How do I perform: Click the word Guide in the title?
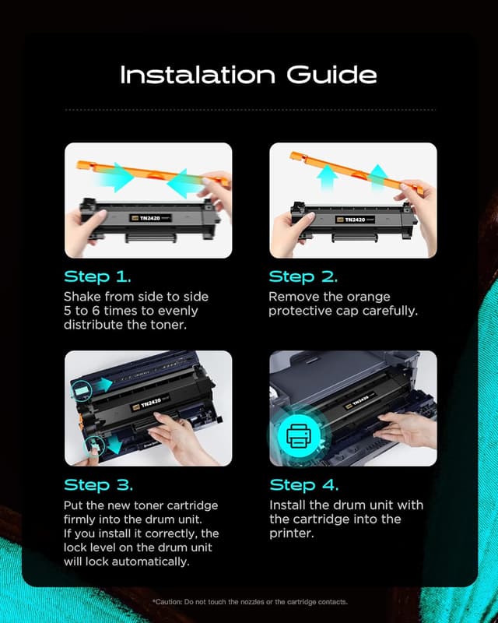pos(331,74)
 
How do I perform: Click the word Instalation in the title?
pos(198,74)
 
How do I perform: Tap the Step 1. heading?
pos(97,276)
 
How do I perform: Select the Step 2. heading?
pos(303,276)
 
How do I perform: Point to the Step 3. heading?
pos(99,484)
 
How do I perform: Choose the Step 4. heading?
pos(303,484)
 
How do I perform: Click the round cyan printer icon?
pos(299,436)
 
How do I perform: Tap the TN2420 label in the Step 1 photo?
pos(150,218)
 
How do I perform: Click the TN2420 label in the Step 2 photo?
pos(355,220)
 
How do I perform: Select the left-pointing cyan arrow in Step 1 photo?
pos(184,183)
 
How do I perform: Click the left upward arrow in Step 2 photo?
pos(328,177)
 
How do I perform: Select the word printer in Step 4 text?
pos(292,533)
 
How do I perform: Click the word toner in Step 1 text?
pos(168,325)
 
